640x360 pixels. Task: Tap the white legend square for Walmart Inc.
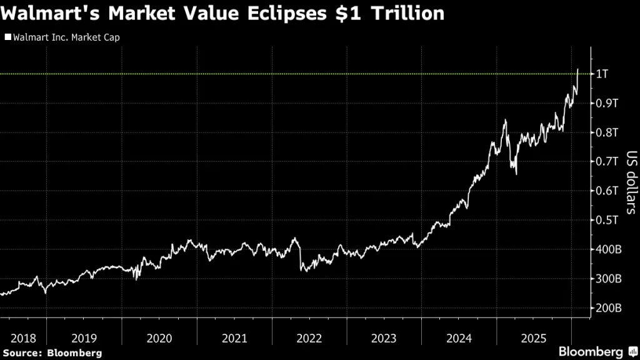pos(8,37)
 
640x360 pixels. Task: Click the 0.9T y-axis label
pos(606,103)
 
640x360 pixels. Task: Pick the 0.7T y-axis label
pos(606,161)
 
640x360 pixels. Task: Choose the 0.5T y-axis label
pos(606,220)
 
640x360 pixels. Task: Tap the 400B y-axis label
pos(607,249)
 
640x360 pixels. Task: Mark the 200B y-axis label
pos(607,308)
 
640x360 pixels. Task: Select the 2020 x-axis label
pos(159,338)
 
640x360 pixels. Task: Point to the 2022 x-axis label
pos(309,338)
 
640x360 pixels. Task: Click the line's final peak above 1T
pos(577,69)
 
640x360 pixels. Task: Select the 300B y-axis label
pos(607,279)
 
